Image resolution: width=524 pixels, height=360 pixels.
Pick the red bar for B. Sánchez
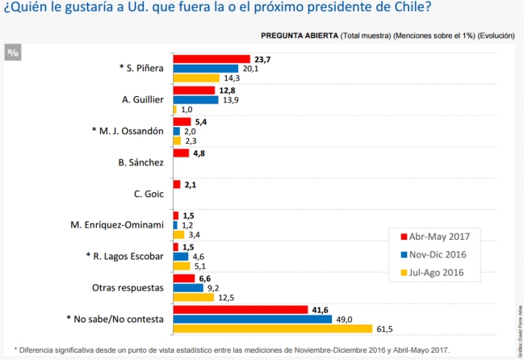coord(180,153)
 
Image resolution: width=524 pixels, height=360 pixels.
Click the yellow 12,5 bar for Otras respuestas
coord(193,297)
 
